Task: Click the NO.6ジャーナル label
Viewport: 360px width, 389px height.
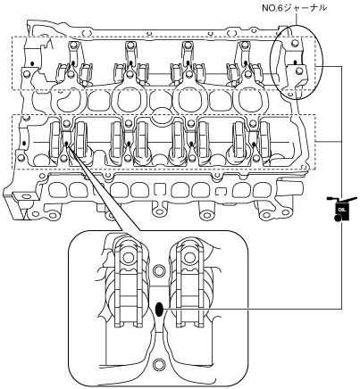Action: point(294,8)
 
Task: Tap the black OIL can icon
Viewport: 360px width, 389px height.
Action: point(341,209)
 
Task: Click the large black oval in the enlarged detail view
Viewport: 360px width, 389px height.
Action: point(159,310)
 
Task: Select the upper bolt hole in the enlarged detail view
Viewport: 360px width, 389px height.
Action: point(158,271)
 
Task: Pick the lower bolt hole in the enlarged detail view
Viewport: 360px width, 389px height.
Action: point(158,365)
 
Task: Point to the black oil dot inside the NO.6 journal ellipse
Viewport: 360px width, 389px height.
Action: point(295,62)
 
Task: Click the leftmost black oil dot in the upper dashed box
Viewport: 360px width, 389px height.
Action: point(32,63)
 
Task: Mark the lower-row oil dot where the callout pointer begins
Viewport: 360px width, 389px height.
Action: point(66,145)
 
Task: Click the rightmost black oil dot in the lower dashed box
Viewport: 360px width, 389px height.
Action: point(254,145)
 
